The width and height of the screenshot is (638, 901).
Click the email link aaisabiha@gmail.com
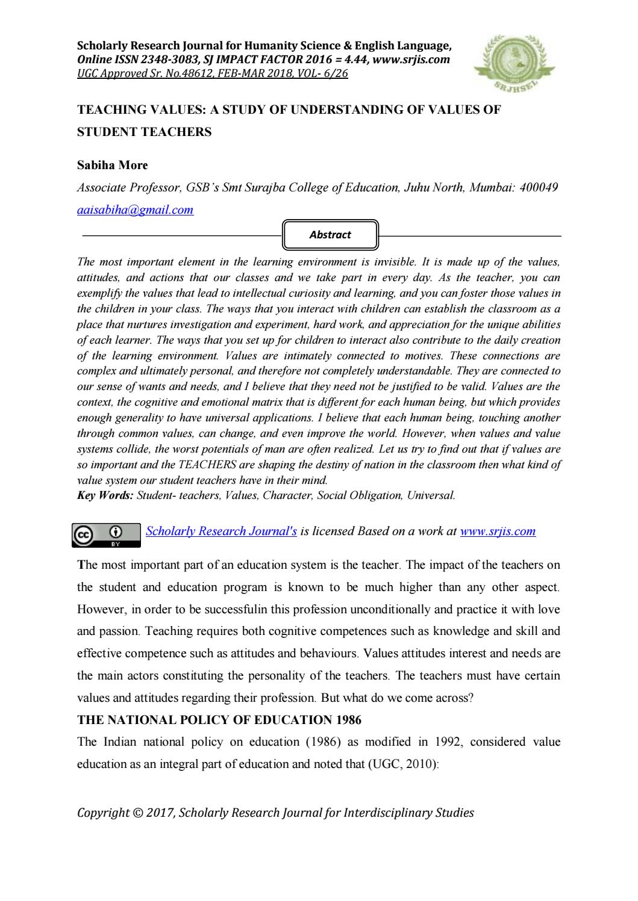(136, 210)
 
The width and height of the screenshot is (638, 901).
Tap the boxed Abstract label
(330, 235)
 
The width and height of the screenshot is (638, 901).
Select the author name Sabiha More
(113, 165)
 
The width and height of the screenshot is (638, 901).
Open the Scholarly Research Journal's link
(221, 531)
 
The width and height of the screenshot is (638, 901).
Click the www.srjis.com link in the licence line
(497, 531)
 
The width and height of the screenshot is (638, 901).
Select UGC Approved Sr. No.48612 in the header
(148, 73)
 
